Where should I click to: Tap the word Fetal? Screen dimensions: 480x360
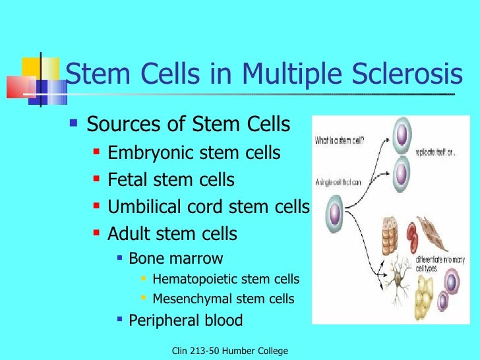pyautogui.click(x=125, y=180)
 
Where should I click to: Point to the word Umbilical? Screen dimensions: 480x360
pyautogui.click(x=145, y=207)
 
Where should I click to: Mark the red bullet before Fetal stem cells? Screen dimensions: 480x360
pyautogui.click(x=97, y=179)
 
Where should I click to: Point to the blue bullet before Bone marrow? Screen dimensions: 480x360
pyautogui.click(x=119, y=258)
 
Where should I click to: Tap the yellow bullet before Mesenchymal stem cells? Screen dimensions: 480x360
pyautogui.click(x=144, y=299)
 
